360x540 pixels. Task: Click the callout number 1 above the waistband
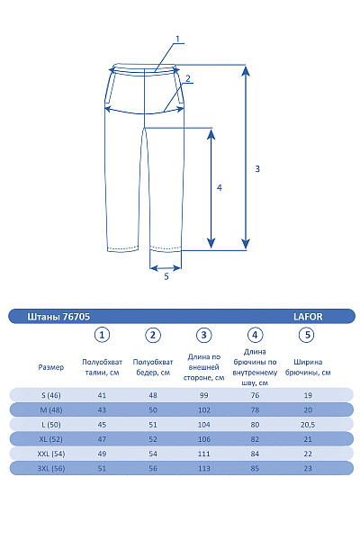tap(178, 39)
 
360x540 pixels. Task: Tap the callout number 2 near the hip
tap(188, 78)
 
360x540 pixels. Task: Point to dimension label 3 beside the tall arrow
tap(257, 169)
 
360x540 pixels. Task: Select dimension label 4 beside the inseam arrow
tap(220, 188)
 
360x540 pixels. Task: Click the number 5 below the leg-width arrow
tap(166, 276)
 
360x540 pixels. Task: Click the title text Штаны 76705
tap(58, 317)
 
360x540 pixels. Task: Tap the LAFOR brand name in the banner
tap(308, 317)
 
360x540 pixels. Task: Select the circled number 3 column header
tap(203, 335)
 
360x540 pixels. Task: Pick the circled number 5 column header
tap(307, 335)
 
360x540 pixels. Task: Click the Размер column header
tap(51, 367)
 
